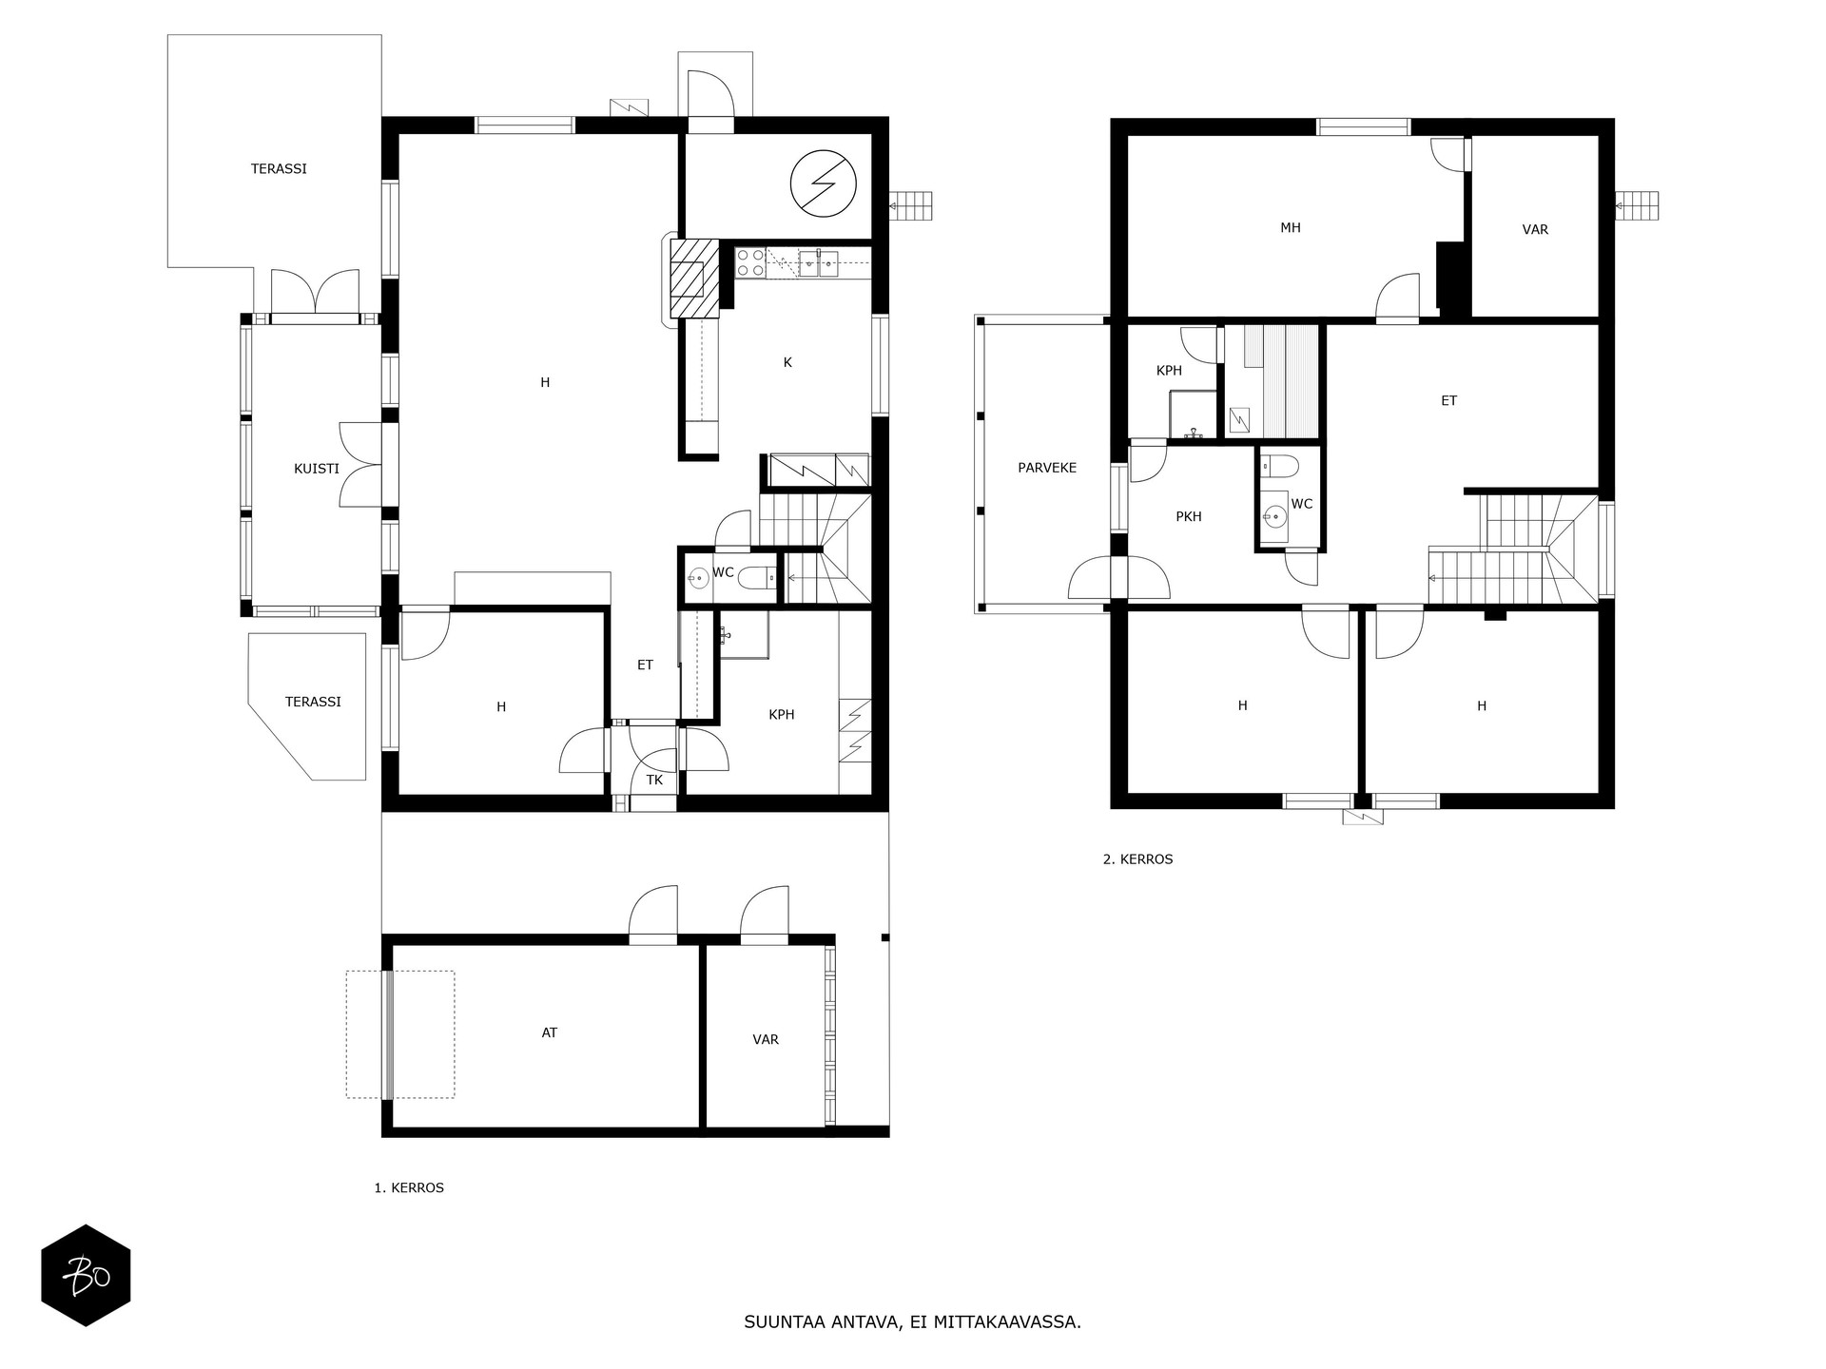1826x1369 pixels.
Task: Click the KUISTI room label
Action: [316, 469]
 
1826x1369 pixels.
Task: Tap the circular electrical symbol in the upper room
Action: [824, 183]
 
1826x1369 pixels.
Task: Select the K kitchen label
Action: [787, 362]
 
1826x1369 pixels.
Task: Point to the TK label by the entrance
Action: [654, 781]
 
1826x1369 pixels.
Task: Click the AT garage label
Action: [549, 1032]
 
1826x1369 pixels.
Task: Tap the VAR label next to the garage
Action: [766, 1040]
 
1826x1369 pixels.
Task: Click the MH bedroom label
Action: [1291, 228]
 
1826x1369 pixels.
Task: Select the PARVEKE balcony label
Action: [1047, 468]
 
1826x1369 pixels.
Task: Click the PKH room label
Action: [1189, 517]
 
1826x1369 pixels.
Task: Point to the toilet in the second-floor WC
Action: [1280, 466]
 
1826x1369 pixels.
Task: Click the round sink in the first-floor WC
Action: [700, 576]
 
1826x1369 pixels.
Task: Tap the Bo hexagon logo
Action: [86, 1275]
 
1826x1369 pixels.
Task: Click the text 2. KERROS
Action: [1137, 859]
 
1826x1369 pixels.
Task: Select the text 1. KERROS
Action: [409, 1188]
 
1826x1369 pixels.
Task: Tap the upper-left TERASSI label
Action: [279, 169]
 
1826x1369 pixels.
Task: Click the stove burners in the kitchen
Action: [750, 262]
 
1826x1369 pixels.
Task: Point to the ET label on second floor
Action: [1448, 401]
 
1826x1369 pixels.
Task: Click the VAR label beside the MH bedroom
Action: [1535, 230]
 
